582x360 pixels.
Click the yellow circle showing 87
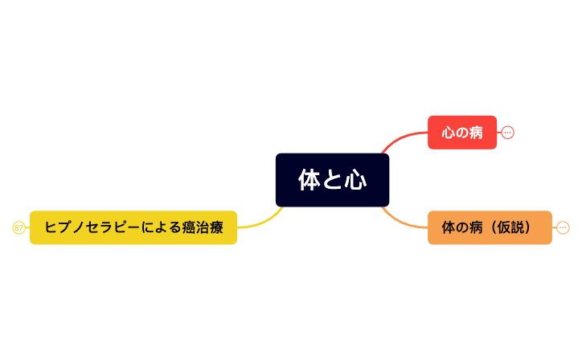(18, 228)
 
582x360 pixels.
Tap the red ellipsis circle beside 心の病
(507, 133)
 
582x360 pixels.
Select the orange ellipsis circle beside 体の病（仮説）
(563, 228)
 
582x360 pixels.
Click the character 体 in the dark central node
(309, 181)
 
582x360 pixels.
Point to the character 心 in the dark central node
(356, 181)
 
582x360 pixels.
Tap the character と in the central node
(333, 181)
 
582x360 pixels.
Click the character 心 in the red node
(449, 133)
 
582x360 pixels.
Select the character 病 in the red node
(476, 133)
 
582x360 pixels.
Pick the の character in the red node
(462, 133)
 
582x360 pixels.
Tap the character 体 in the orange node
(449, 227)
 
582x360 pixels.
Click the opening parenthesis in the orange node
(494, 227)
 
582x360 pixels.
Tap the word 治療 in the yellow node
(207, 227)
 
